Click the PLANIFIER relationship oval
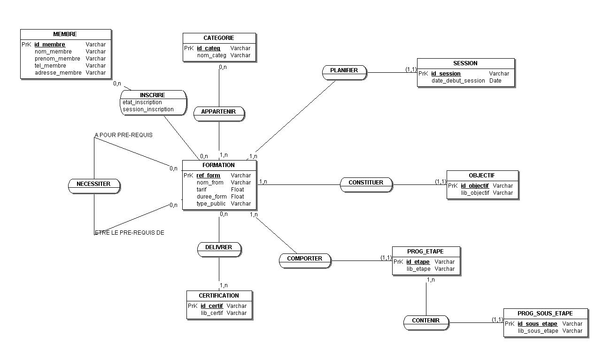(x=344, y=72)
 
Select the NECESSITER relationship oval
(x=94, y=186)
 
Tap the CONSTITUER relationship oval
(x=366, y=184)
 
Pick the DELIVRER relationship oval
(x=219, y=249)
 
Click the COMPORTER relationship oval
(x=305, y=260)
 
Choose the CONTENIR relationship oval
(x=426, y=322)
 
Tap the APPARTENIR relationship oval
(x=219, y=114)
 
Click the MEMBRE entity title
(x=65, y=34)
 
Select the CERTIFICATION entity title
(x=219, y=295)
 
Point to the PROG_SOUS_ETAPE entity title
(x=545, y=314)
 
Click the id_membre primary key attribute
(x=50, y=45)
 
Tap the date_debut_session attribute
(x=458, y=81)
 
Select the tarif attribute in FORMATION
(x=201, y=190)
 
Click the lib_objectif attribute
(x=475, y=192)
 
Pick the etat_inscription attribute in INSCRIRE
(x=142, y=102)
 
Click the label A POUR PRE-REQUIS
(x=124, y=135)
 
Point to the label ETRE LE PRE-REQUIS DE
(x=129, y=232)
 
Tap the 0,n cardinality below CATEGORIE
(x=223, y=67)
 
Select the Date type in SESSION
(x=495, y=81)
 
